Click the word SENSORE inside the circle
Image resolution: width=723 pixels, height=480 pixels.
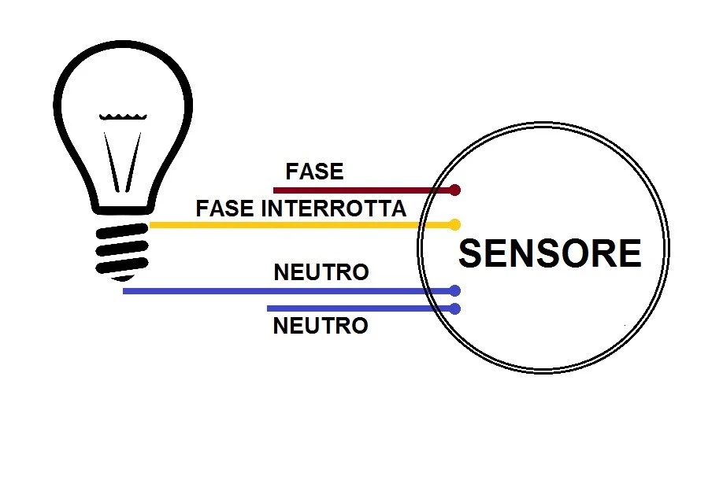click(550, 253)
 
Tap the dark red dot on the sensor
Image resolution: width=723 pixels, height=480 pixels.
click(454, 190)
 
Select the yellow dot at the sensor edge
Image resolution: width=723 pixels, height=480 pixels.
click(454, 225)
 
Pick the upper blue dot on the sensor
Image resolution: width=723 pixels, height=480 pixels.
click(454, 291)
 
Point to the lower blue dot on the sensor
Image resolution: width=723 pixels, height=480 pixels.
click(454, 309)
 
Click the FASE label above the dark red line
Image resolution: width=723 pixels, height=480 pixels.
click(314, 172)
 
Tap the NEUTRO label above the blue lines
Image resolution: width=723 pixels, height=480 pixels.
click(321, 272)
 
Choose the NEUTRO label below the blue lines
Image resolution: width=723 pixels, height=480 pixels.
click(321, 326)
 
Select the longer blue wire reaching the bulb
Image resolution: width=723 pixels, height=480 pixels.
click(276, 291)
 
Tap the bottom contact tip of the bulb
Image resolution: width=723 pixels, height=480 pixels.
click(122, 277)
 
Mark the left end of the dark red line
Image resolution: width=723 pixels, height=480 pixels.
click(275, 190)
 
